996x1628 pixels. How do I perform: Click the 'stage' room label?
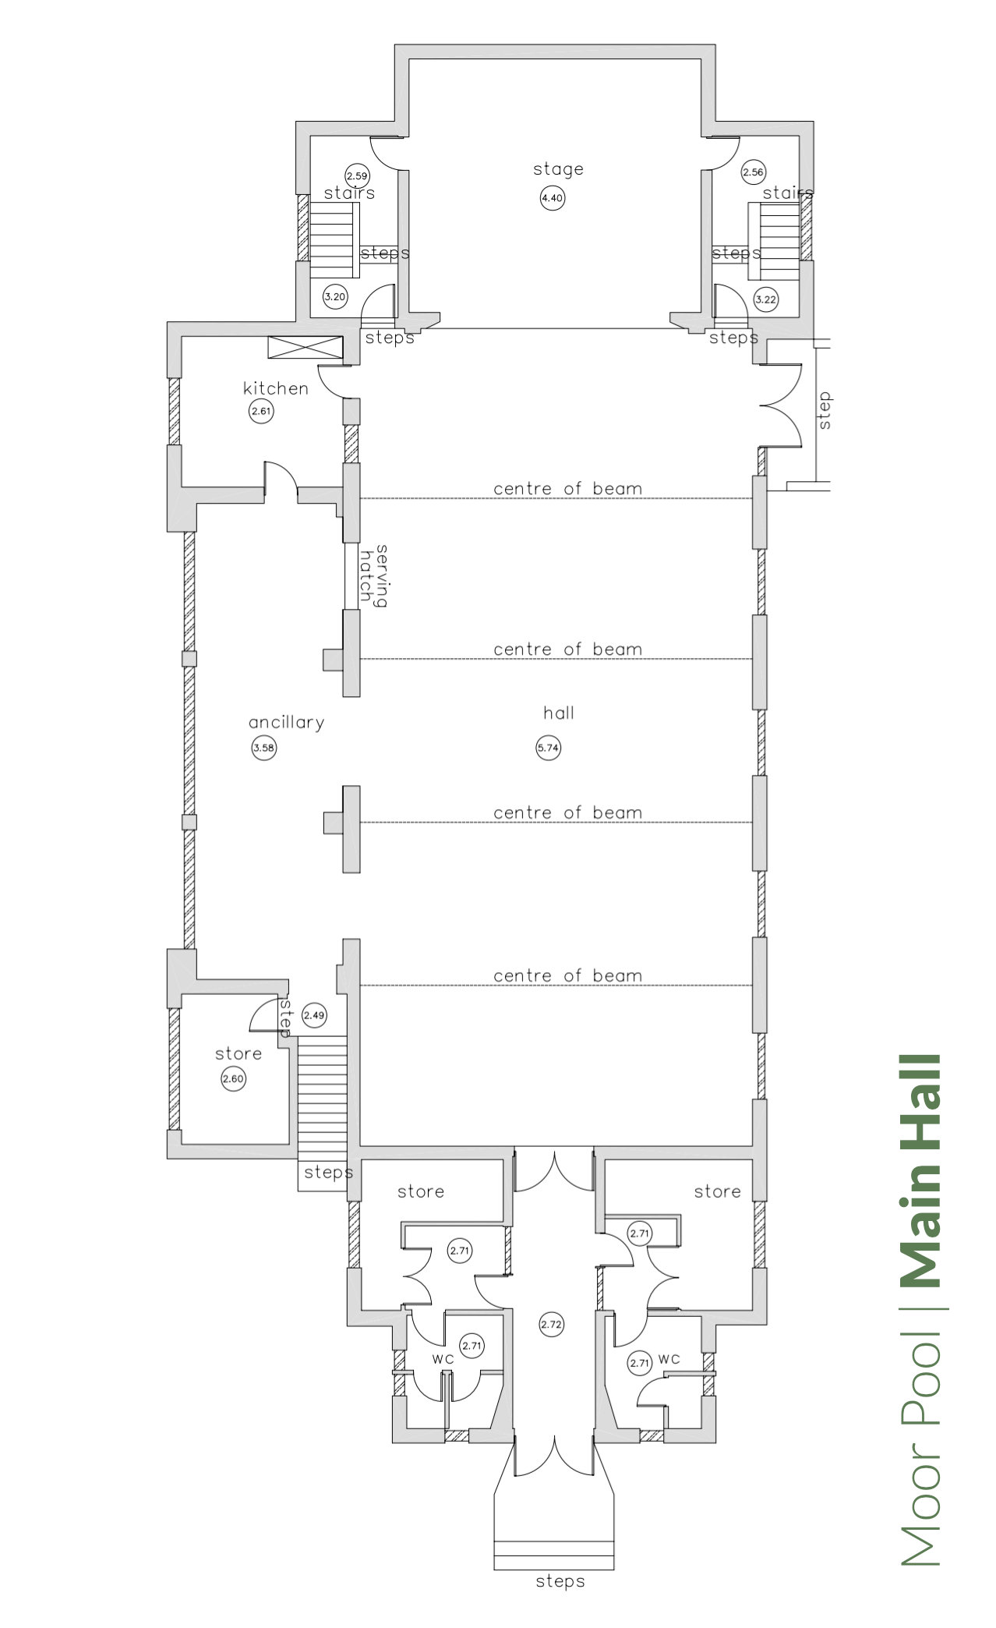click(558, 169)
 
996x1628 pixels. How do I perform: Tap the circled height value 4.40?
click(552, 198)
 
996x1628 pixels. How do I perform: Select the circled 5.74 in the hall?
click(549, 749)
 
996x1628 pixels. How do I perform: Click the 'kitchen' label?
click(276, 388)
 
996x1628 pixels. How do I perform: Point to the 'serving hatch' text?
click(375, 575)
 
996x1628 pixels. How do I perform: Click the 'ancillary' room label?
click(286, 723)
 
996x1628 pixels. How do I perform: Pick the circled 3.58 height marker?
click(264, 749)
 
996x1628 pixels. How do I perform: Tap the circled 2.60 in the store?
click(233, 1080)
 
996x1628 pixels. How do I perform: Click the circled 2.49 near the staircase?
click(315, 1015)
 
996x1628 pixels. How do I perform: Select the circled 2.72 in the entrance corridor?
click(551, 1324)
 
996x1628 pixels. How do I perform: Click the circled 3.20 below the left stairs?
click(335, 297)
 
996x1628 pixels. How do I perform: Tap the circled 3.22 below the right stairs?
click(765, 299)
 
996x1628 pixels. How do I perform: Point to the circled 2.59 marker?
click(357, 176)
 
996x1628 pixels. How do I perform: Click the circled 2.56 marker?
click(753, 173)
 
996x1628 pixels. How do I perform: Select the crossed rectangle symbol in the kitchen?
click(305, 348)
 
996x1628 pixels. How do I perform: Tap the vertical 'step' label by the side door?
click(825, 410)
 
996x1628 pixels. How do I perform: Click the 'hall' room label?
click(559, 713)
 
